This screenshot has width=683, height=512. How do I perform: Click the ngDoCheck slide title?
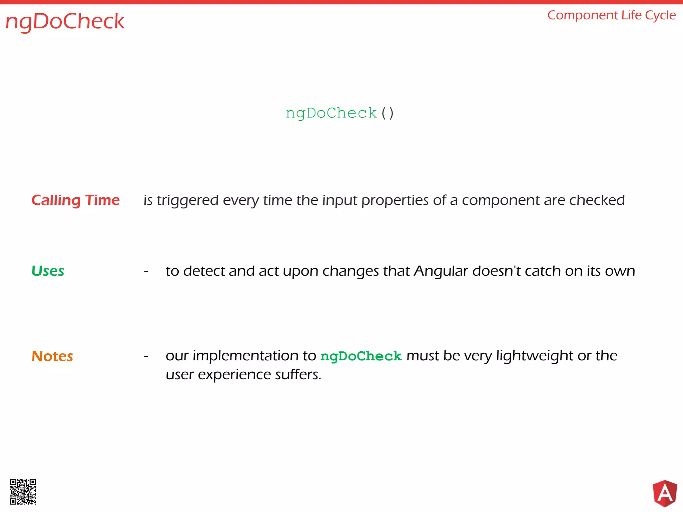(x=65, y=21)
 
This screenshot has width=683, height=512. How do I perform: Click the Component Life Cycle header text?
(x=611, y=15)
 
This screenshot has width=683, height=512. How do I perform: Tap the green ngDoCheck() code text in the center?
(x=339, y=113)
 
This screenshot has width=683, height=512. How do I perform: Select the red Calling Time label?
(x=75, y=200)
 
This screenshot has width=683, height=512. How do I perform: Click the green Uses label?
(x=48, y=271)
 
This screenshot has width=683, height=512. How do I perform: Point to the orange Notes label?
(x=52, y=356)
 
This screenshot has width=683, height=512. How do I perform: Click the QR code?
(x=23, y=492)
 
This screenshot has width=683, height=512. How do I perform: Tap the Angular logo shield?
(x=665, y=493)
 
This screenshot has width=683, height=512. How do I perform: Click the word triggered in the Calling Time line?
(x=188, y=201)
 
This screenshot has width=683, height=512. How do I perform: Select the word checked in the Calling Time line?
(x=597, y=200)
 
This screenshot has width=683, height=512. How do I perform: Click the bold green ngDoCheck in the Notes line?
(x=361, y=356)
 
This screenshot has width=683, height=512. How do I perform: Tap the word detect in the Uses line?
(x=203, y=271)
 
